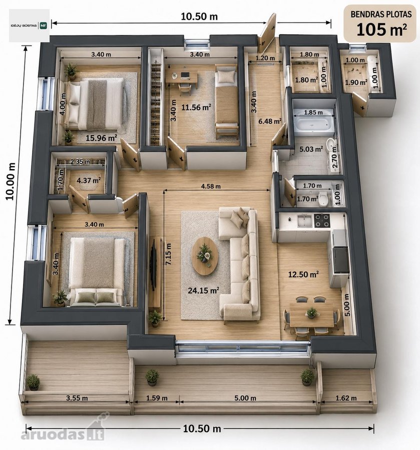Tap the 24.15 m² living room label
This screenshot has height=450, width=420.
[203, 290]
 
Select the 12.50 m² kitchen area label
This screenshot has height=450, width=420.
[303, 274]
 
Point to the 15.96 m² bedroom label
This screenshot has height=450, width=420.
[101, 138]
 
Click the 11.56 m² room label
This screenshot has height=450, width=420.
[196, 107]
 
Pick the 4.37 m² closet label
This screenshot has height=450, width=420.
[89, 180]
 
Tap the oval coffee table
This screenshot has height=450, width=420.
[205, 255]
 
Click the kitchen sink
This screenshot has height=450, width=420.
[305, 220]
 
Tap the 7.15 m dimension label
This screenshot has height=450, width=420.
[168, 254]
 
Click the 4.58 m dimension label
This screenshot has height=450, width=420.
[211, 186]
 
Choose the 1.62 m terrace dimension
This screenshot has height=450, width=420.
[346, 398]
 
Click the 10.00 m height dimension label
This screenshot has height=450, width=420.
[11, 181]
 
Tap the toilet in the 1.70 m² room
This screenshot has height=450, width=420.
[323, 198]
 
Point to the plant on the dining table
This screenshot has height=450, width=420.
[311, 312]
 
